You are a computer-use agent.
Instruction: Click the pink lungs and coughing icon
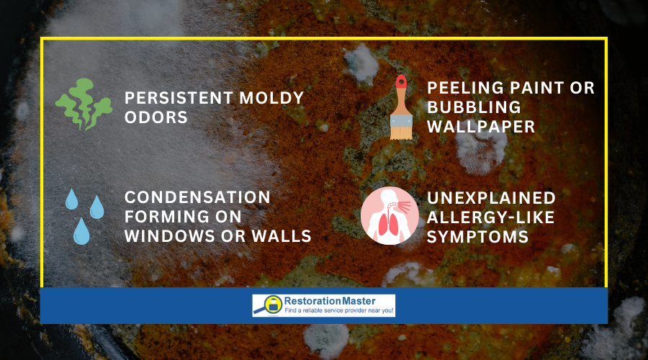coord(390,216)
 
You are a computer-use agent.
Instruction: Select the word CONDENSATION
coord(197,197)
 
